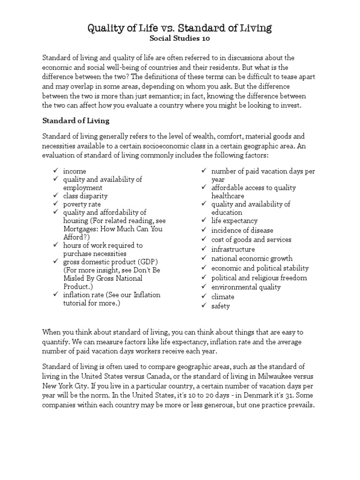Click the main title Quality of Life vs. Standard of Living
click(x=180, y=28)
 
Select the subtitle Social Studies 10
click(x=180, y=39)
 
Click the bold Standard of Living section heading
click(x=76, y=120)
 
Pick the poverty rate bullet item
click(x=82, y=204)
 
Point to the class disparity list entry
click(x=85, y=196)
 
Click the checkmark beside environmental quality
click(x=203, y=287)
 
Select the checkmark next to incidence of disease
click(x=203, y=230)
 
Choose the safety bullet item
click(x=220, y=306)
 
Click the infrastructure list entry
click(x=233, y=249)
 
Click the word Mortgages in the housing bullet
click(x=80, y=229)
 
